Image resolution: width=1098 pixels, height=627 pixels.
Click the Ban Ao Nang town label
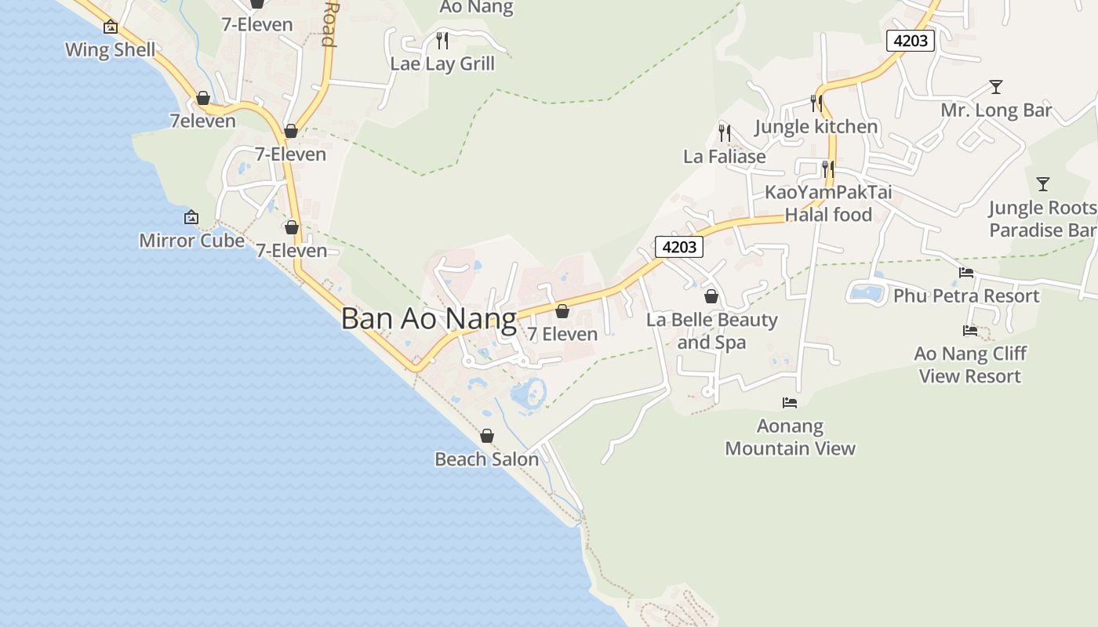pyautogui.click(x=429, y=319)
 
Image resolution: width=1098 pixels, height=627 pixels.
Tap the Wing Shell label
pyautogui.click(x=111, y=50)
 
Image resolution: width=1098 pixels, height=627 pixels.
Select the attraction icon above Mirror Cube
pyautogui.click(x=191, y=217)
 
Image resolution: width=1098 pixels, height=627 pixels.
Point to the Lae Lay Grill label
pyautogui.click(x=442, y=63)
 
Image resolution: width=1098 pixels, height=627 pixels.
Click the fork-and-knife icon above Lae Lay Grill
pyautogui.click(x=442, y=40)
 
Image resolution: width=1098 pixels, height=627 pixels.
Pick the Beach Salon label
pyautogui.click(x=486, y=459)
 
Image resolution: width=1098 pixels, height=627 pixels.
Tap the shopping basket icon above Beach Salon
pyautogui.click(x=487, y=436)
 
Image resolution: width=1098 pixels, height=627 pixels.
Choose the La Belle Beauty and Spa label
pyautogui.click(x=711, y=331)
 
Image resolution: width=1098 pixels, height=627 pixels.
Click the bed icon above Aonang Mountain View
pyautogui.click(x=790, y=403)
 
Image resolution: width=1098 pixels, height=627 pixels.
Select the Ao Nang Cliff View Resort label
pyautogui.click(x=970, y=364)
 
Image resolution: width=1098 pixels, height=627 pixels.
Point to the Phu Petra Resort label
pyautogui.click(x=966, y=295)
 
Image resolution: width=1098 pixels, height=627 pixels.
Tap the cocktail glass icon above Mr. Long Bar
pyautogui.click(x=996, y=86)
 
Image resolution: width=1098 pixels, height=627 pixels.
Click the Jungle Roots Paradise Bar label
pyautogui.click(x=1042, y=219)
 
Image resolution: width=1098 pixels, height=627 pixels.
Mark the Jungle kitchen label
pyautogui.click(x=816, y=126)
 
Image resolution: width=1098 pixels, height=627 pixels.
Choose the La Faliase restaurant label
pyautogui.click(x=724, y=156)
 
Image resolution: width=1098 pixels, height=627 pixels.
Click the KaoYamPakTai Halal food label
pyautogui.click(x=828, y=203)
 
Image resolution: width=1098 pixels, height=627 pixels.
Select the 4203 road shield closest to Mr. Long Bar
pyautogui.click(x=911, y=40)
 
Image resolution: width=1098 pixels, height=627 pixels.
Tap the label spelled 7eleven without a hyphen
pyautogui.click(x=202, y=121)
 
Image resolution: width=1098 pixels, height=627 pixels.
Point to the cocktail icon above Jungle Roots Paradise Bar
pyautogui.click(x=1043, y=184)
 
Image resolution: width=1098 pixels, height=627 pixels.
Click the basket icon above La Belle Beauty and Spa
pyautogui.click(x=711, y=296)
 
